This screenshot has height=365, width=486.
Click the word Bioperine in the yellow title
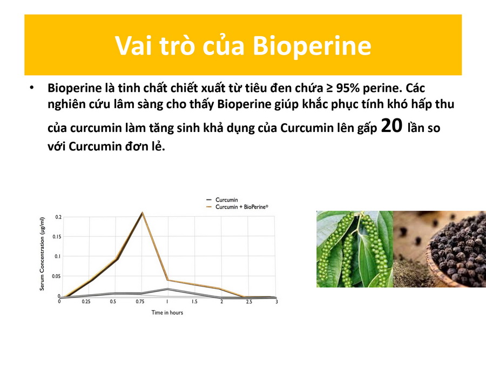pyautogui.click(x=312, y=46)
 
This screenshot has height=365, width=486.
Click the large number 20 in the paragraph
pyautogui.click(x=392, y=125)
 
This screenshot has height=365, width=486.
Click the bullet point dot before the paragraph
pyautogui.click(x=32, y=88)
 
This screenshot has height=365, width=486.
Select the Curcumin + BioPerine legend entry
pyautogui.click(x=238, y=207)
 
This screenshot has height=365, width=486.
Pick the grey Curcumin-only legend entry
pyautogui.click(x=222, y=200)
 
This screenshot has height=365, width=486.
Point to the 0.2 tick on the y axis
pyautogui.click(x=58, y=217)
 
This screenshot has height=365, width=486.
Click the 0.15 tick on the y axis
pyautogui.click(x=57, y=236)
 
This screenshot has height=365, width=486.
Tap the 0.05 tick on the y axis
pyautogui.click(x=56, y=276)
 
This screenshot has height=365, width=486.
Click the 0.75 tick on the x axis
pyautogui.click(x=140, y=301)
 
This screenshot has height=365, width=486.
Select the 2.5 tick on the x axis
pyautogui.click(x=249, y=301)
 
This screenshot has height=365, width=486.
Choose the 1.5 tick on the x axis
pyautogui.click(x=194, y=301)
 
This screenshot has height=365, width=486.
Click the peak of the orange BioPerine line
pyautogui.click(x=142, y=213)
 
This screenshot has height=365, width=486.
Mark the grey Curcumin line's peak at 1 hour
pyautogui.click(x=168, y=289)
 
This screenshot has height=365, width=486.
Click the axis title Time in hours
pyautogui.click(x=167, y=313)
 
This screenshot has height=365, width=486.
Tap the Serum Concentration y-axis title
pyautogui.click(x=42, y=254)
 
